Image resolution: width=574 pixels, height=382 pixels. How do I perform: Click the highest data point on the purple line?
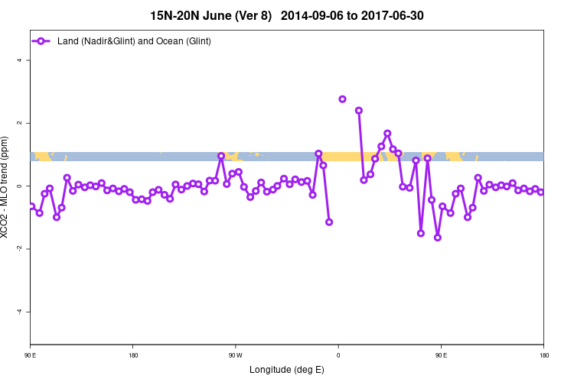pos(342,99)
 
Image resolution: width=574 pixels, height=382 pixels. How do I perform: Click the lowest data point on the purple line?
pos(438,238)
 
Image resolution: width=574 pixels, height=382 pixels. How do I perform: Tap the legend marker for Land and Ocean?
pos(42,40)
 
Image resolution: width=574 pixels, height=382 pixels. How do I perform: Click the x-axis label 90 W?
pos(235,355)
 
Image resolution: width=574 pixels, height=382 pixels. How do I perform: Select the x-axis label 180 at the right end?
pos(543,355)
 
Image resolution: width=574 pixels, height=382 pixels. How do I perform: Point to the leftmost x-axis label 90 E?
pos(31,355)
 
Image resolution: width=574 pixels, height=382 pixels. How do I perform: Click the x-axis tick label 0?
pos(338,355)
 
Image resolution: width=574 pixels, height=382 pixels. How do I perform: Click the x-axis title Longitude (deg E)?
pos(287,370)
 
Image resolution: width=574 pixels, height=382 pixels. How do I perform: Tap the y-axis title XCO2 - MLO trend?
pos(8,187)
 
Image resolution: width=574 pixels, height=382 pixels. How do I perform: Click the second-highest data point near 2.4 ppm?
pos(358,111)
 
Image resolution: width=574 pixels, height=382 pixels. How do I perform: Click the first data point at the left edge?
pos(31,206)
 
